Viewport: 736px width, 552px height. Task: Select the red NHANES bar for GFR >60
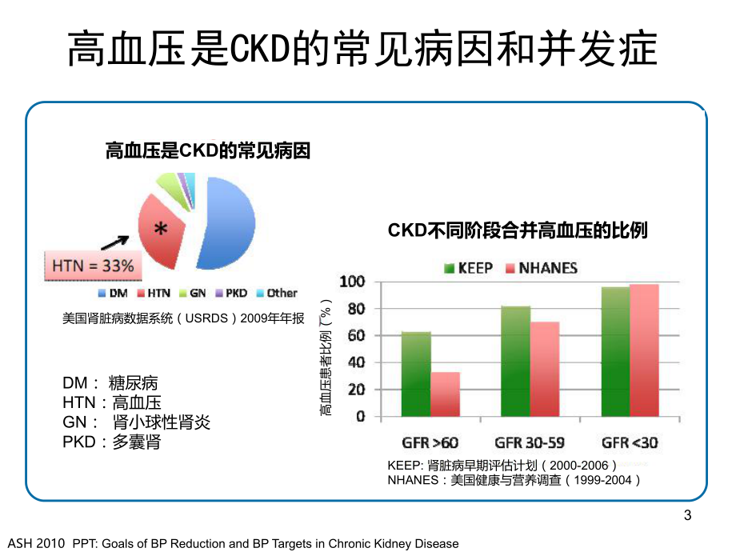(446, 394)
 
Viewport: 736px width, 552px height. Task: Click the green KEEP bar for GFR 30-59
(516, 361)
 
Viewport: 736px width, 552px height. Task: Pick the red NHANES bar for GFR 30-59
(546, 369)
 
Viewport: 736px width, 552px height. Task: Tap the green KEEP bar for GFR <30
(615, 352)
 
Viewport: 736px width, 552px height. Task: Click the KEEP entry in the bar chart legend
(468, 267)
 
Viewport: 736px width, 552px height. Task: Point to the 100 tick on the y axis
(352, 282)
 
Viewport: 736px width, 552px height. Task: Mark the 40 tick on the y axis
(356, 363)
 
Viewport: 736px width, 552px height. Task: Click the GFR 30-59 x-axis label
(529, 442)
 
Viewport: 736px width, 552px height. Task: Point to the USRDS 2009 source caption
(183, 318)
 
